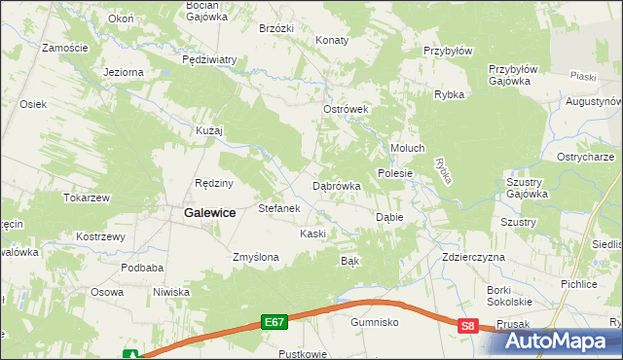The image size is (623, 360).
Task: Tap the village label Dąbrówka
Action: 337,185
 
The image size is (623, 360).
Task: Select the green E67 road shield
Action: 275,321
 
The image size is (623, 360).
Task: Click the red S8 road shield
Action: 469,327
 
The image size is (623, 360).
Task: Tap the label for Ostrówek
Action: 346,110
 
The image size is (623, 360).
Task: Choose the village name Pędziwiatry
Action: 209,59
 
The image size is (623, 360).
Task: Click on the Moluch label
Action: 407,148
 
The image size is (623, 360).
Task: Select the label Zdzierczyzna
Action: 472,257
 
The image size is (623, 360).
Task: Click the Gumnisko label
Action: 376,321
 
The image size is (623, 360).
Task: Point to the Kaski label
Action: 312,234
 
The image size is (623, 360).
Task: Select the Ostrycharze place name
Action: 584,158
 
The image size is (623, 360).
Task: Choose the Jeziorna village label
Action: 124,72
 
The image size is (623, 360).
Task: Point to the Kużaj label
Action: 209,130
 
